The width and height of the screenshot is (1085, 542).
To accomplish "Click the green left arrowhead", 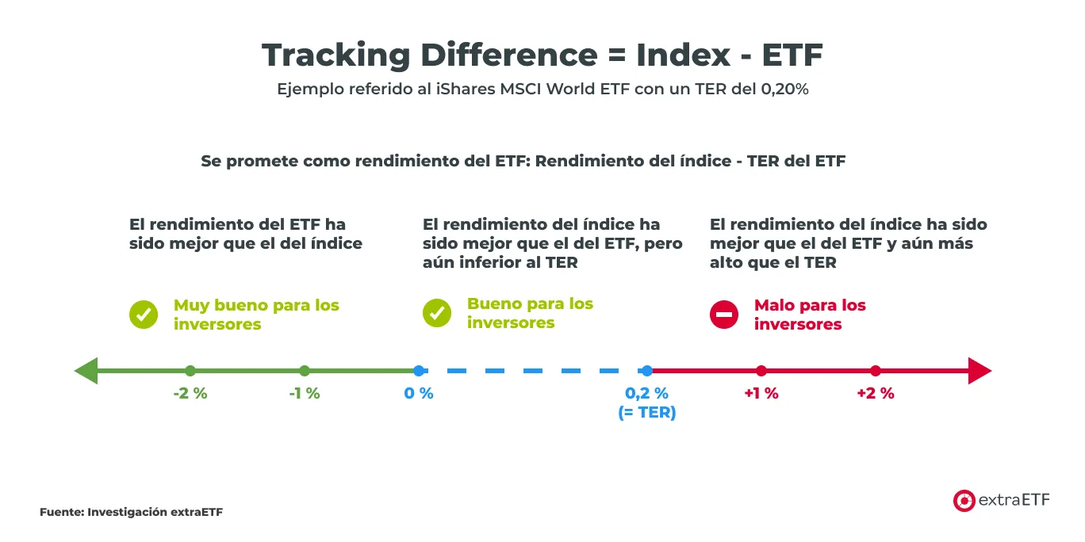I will point(85,371).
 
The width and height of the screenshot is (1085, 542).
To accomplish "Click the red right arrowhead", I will point(980,371).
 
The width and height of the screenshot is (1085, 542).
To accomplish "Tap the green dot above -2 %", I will point(190,371).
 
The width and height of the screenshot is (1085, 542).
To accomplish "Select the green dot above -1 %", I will point(305,371).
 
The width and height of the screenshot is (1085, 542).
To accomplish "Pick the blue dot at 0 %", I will point(419,371).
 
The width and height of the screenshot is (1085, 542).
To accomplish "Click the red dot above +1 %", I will point(761,371).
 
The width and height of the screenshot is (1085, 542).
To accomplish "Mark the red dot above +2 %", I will point(876,371).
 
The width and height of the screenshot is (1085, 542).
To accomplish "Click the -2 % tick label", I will point(190,393).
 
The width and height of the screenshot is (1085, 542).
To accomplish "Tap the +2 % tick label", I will point(876,393).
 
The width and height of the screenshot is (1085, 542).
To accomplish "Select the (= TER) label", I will point(647,412).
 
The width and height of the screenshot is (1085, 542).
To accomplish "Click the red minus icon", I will point(724,315).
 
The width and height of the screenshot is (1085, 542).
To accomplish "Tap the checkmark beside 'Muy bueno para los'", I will point(144,315).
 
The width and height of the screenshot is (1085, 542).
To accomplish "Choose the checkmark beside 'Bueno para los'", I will point(437,313).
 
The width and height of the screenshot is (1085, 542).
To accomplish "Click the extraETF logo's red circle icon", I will point(964,500).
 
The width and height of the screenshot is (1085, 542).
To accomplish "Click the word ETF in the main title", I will point(792,55).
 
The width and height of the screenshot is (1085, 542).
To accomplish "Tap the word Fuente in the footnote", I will point(60,512).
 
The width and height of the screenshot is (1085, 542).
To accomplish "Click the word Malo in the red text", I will point(774,305).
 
